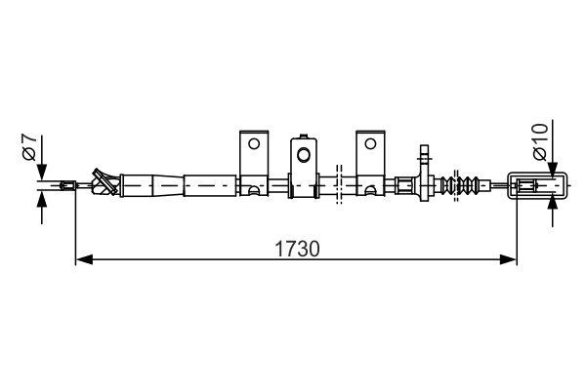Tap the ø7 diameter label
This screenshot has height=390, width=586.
click(29, 147)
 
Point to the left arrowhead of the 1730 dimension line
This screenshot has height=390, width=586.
click(83, 259)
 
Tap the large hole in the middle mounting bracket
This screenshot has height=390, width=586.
click(305, 154)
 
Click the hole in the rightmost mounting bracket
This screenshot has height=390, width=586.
click(370, 143)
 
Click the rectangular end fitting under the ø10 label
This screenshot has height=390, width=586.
click(536, 183)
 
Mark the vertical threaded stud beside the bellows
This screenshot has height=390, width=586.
click(424, 160)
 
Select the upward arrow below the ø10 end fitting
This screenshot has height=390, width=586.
click(554, 203)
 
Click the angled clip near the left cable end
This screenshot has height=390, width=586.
click(99, 180)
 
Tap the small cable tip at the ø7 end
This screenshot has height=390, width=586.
click(67, 183)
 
